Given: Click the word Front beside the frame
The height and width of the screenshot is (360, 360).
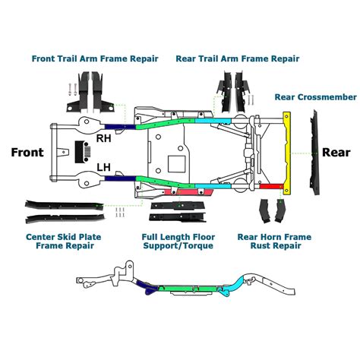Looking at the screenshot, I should (x=27, y=152).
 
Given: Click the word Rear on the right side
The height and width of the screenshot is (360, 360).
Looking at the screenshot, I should (x=335, y=151).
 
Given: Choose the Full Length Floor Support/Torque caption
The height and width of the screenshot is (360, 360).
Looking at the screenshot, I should (x=177, y=242).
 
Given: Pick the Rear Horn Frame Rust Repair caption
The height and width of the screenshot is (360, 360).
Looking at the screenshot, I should (x=274, y=242).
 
